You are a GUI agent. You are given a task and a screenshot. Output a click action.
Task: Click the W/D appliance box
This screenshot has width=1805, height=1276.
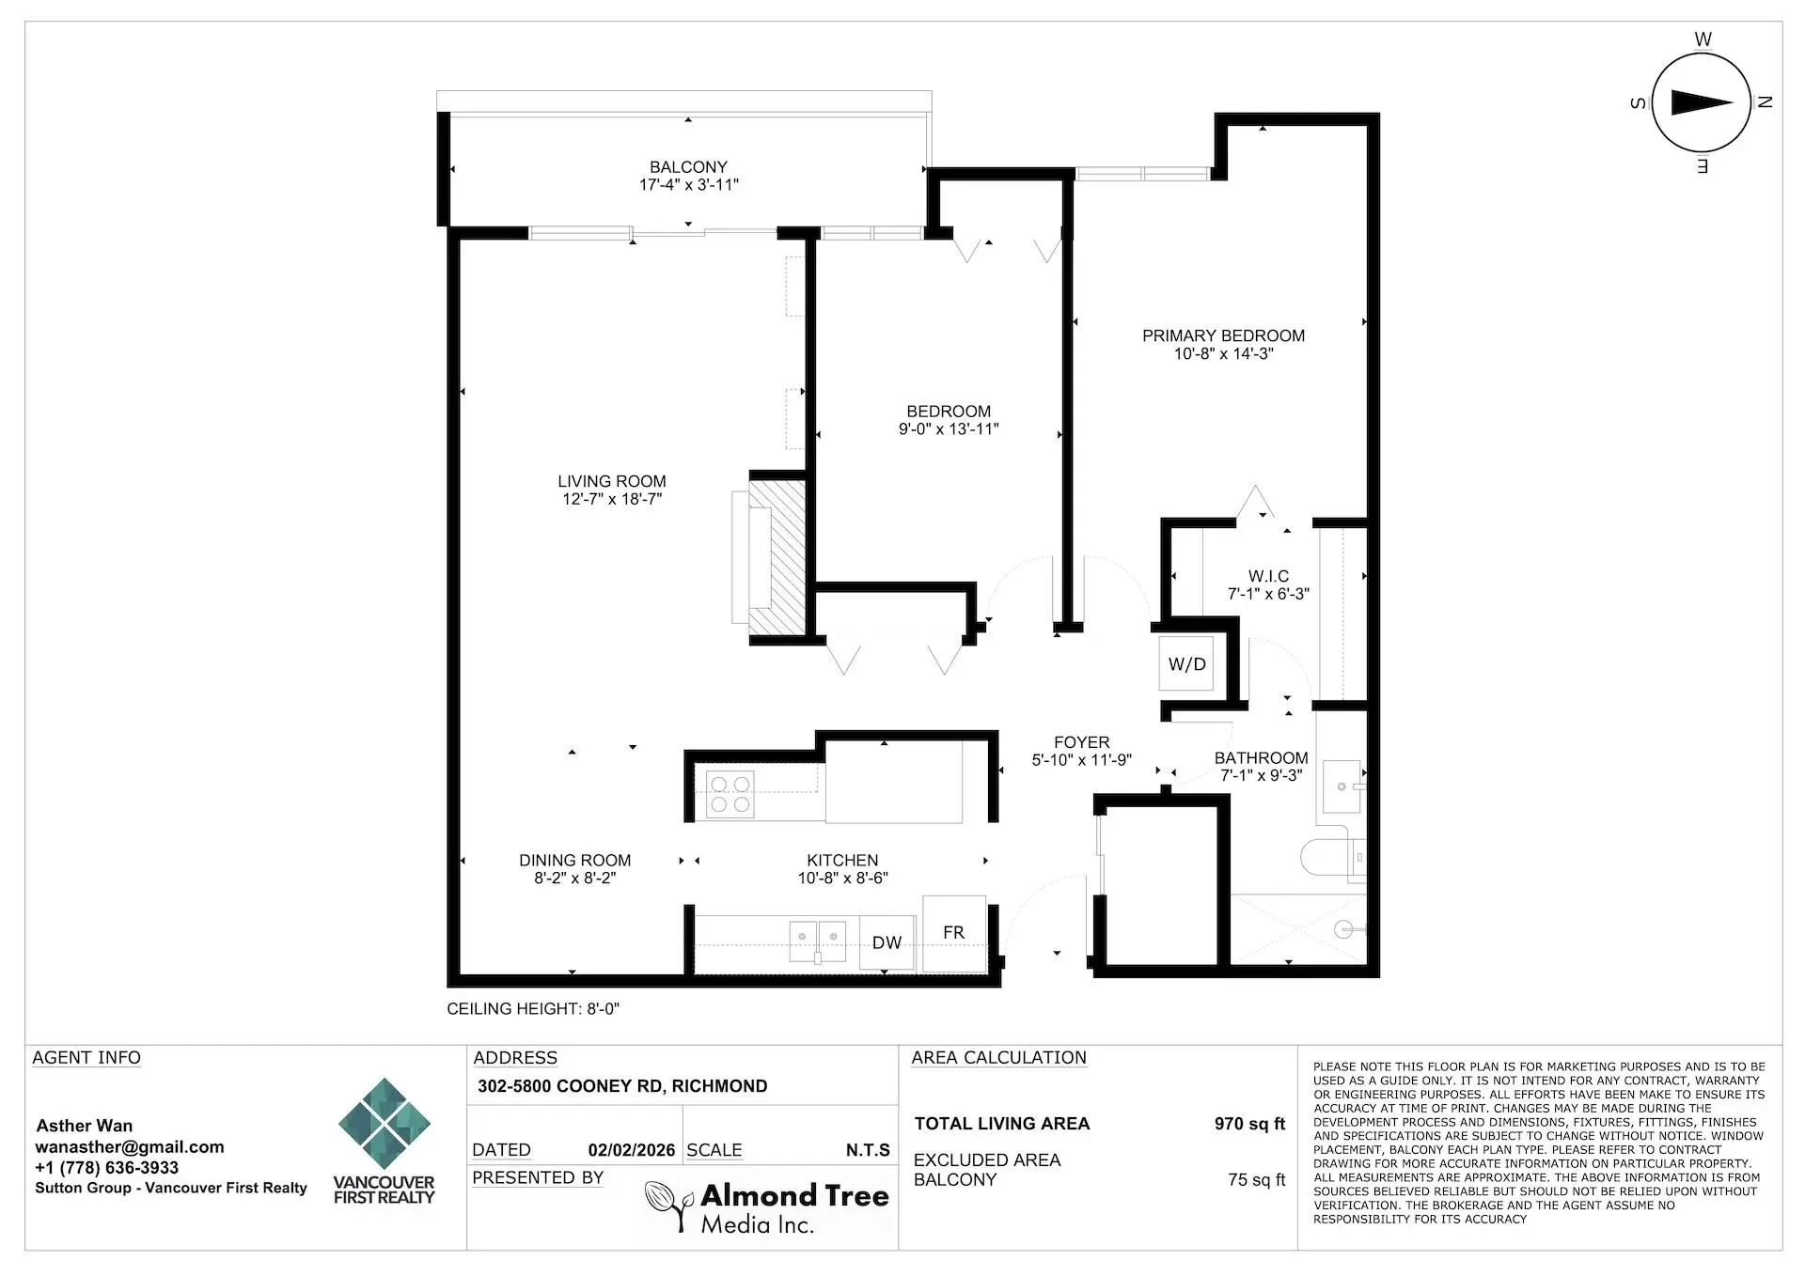pyautogui.click(x=1186, y=664)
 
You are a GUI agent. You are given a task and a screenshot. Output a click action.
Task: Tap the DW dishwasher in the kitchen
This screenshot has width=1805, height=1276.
pyautogui.click(x=887, y=942)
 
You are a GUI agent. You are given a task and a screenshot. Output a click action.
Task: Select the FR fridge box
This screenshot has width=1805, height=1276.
pyautogui.click(x=953, y=933)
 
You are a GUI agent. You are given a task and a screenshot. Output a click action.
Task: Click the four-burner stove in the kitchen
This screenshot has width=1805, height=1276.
pyautogui.click(x=730, y=794)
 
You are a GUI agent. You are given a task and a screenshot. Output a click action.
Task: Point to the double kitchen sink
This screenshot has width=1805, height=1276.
pyautogui.click(x=817, y=940)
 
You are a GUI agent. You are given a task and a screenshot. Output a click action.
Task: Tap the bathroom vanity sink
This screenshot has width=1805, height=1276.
pyautogui.click(x=1342, y=786)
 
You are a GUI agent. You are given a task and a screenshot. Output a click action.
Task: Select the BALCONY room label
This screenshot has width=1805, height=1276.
pyautogui.click(x=688, y=167)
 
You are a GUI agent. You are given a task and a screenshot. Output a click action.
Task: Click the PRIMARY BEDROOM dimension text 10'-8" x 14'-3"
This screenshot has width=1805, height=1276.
pyautogui.click(x=1223, y=354)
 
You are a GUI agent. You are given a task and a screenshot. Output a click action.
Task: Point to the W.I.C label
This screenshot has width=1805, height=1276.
pyautogui.click(x=1268, y=576)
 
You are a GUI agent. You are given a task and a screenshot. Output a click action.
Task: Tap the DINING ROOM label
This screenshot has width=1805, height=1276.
pyautogui.click(x=574, y=860)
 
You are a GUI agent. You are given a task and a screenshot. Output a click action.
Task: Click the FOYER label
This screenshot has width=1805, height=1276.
pyautogui.click(x=1081, y=742)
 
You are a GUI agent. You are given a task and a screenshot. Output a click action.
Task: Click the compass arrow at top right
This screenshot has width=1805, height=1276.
pyautogui.click(x=1701, y=102)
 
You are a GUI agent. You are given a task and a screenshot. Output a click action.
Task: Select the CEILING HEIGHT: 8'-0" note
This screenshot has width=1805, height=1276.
pyautogui.click(x=532, y=1009)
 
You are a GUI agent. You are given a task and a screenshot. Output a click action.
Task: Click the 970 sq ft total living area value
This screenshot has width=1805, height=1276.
pyautogui.click(x=1248, y=1124)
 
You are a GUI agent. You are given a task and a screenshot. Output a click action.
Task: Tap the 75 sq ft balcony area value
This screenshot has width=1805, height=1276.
pyautogui.click(x=1255, y=1180)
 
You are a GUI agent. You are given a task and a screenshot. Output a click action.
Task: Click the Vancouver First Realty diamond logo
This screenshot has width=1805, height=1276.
pyautogui.click(x=384, y=1124)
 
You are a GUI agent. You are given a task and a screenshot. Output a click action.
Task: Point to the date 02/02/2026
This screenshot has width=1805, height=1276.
pyautogui.click(x=631, y=1150)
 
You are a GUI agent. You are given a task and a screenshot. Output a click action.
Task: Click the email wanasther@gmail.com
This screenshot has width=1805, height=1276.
pyautogui.click(x=130, y=1146)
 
